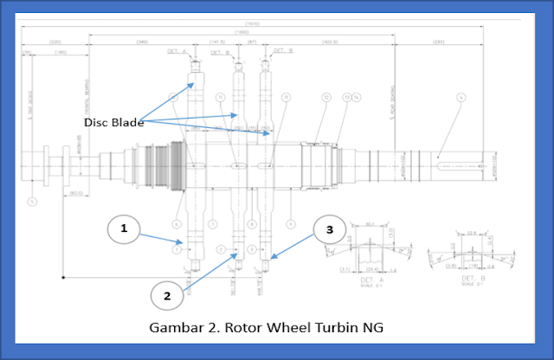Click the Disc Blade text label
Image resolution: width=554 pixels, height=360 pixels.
click(113, 122)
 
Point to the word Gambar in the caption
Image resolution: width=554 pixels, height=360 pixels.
click(177, 329)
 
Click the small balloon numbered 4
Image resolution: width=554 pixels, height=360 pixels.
click(461, 98)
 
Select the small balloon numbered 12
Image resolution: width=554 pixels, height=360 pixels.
click(325, 97)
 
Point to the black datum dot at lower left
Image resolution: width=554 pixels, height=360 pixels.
click(63, 277)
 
